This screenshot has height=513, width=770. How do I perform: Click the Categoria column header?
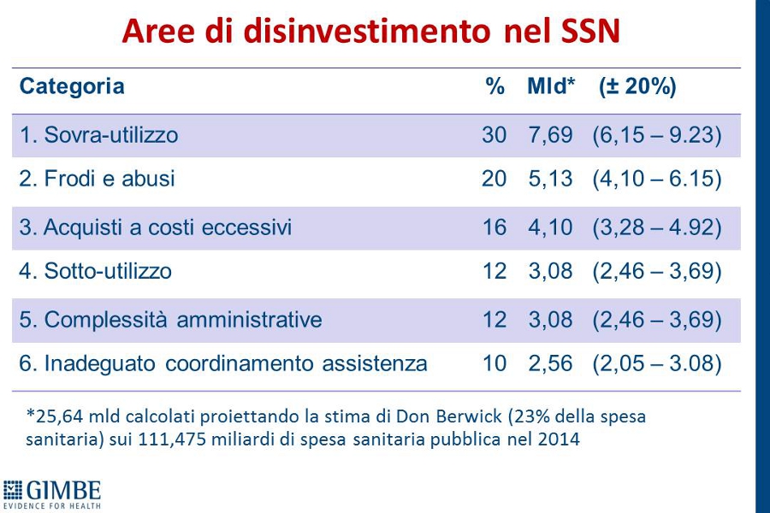point(72,87)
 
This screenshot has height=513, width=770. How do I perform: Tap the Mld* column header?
point(550,85)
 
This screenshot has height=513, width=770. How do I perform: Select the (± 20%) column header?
point(637,86)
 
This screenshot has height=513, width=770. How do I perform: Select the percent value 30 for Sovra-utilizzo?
point(494,134)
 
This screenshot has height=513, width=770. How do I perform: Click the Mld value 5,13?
point(550,179)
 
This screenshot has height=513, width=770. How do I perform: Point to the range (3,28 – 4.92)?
point(657,227)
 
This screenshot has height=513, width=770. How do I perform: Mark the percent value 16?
point(494,227)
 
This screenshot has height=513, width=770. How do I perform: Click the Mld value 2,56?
point(550,364)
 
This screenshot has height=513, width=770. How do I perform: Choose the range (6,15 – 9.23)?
point(657,135)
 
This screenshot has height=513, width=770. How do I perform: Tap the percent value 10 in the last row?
point(494,363)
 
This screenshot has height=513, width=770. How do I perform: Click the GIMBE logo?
point(51,494)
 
